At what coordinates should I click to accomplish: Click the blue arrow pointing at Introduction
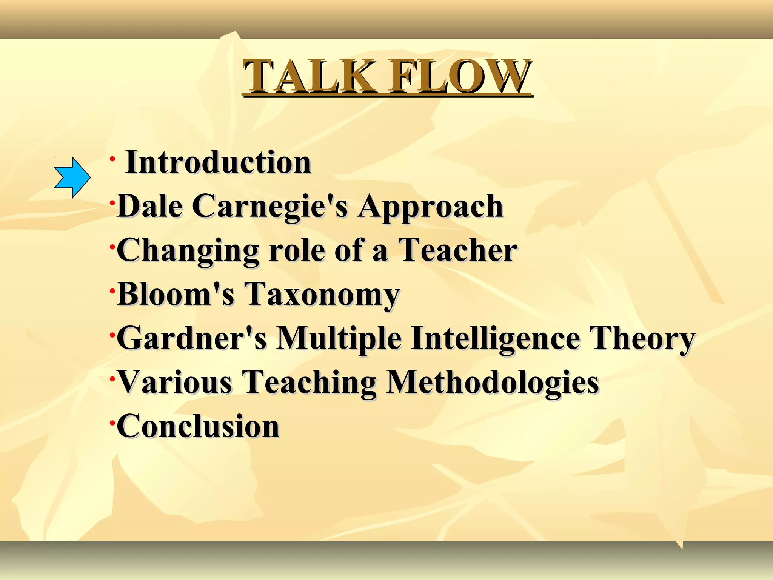pos(72,177)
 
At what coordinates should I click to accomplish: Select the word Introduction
pos(218,162)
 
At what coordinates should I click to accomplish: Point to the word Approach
pos(431,207)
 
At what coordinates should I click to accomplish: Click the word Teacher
pos(458,250)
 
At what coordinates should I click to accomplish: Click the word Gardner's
pos(192,338)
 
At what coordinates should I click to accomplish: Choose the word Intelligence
pos(496,339)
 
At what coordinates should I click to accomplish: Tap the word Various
pos(175,382)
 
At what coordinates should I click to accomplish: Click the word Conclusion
pos(198,426)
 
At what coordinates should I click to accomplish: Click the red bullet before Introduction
pos(112,158)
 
